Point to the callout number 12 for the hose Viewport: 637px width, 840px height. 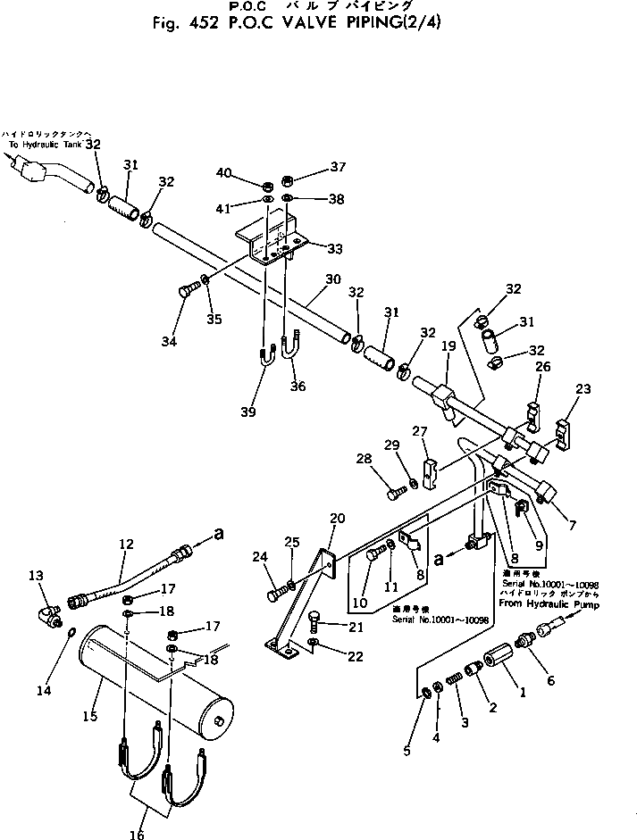coord(125,544)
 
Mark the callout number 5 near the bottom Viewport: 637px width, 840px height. coord(407,751)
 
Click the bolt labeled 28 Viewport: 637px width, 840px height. coord(394,489)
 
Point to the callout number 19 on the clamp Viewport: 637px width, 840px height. coord(448,345)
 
